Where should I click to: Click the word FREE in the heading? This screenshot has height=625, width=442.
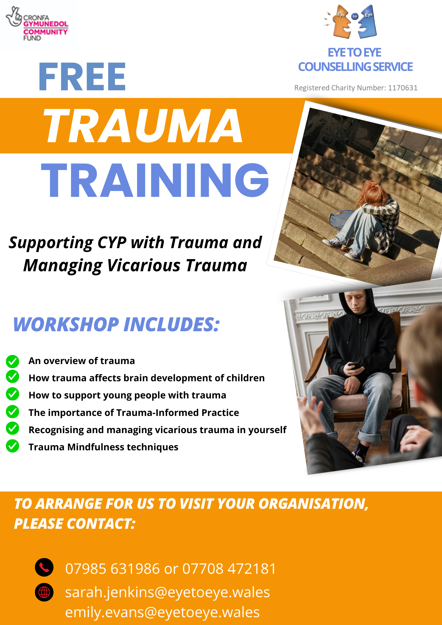pyautogui.click(x=82, y=77)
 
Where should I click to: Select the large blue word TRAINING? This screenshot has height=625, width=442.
pyautogui.click(x=155, y=180)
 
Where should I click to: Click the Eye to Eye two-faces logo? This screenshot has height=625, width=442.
pyautogui.click(x=351, y=22)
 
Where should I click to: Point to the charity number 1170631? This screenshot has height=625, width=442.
pyautogui.click(x=403, y=88)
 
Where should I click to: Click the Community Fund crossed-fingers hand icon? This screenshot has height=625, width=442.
pyautogui.click(x=13, y=17)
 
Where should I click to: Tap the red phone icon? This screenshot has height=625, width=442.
pyautogui.click(x=44, y=567)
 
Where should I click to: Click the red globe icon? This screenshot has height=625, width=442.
pyautogui.click(x=44, y=592)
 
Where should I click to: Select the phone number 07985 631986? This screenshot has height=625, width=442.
pyautogui.click(x=113, y=568)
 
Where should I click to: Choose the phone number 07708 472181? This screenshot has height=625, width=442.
pyautogui.click(x=229, y=568)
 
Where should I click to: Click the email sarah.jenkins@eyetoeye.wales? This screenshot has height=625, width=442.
pyautogui.click(x=168, y=592)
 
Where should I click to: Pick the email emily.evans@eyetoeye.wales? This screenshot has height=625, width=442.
pyautogui.click(x=163, y=612)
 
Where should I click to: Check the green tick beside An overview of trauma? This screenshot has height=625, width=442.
pyautogui.click(x=13, y=361)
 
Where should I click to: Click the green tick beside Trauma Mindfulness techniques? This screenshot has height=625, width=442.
pyautogui.click(x=13, y=446)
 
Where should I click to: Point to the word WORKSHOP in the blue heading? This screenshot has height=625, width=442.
pyautogui.click(x=66, y=324)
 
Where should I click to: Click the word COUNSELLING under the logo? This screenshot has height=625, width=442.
pyautogui.click(x=334, y=67)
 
